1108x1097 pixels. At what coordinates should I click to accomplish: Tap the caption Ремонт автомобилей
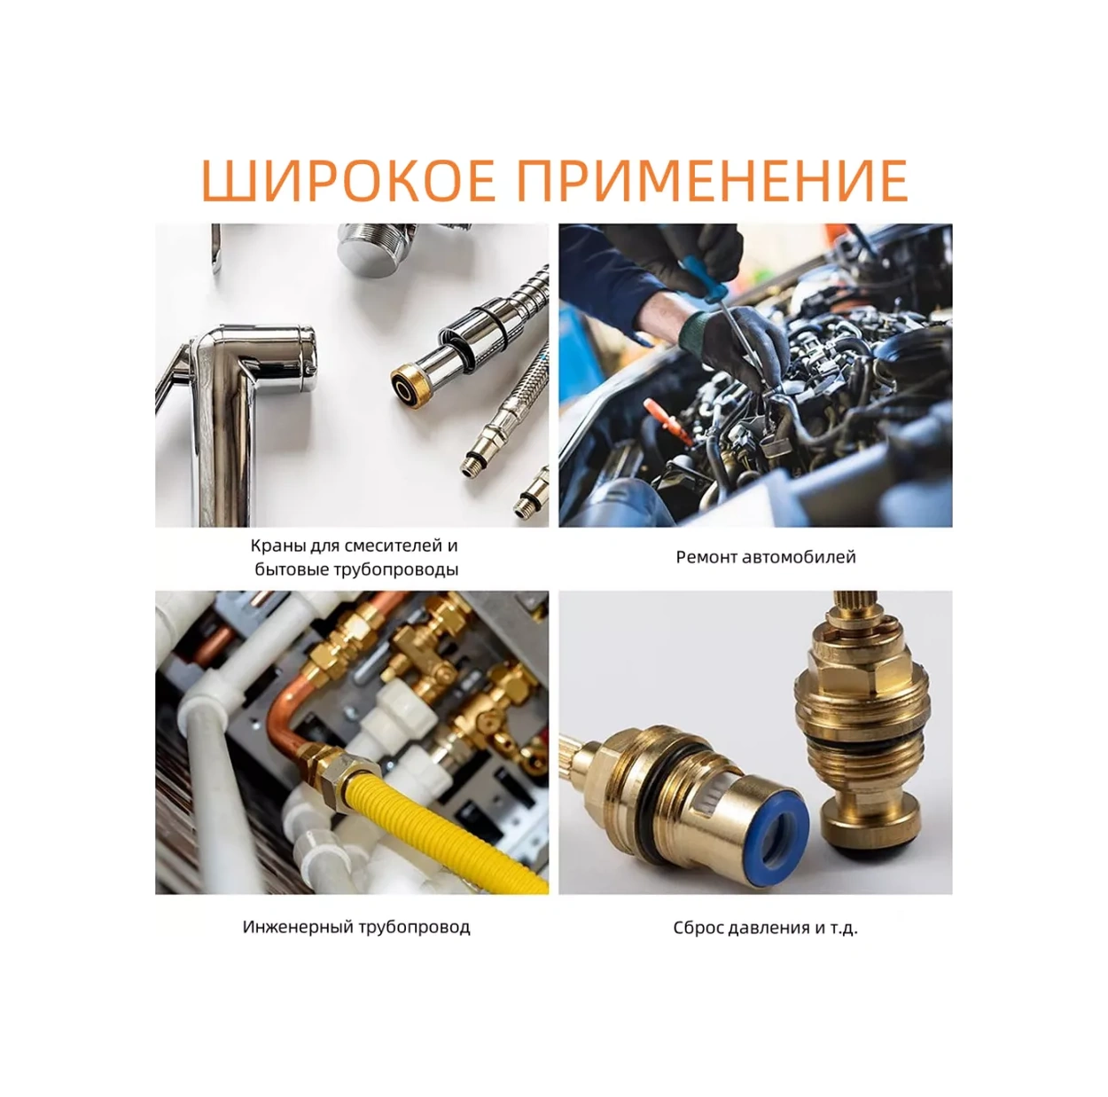click(766, 557)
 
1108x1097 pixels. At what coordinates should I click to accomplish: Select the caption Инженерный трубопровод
click(356, 927)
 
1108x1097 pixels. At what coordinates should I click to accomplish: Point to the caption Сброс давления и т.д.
click(765, 928)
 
